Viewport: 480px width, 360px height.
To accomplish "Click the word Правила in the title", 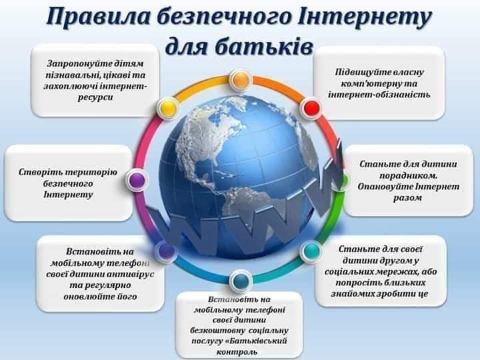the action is click(x=98, y=17).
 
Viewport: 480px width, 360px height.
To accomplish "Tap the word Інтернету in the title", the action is click(x=364, y=17).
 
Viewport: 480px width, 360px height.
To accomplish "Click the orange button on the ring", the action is click(x=241, y=80).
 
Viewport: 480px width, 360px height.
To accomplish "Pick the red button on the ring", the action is click(x=311, y=107).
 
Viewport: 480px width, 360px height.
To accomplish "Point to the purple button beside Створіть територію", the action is click(x=137, y=180).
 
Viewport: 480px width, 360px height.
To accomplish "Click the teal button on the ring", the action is click(x=311, y=251).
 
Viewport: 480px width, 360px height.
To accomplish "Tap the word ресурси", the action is click(x=95, y=97).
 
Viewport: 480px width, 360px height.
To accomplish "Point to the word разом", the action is click(x=407, y=198).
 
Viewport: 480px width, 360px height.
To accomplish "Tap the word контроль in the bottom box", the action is click(x=237, y=352).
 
